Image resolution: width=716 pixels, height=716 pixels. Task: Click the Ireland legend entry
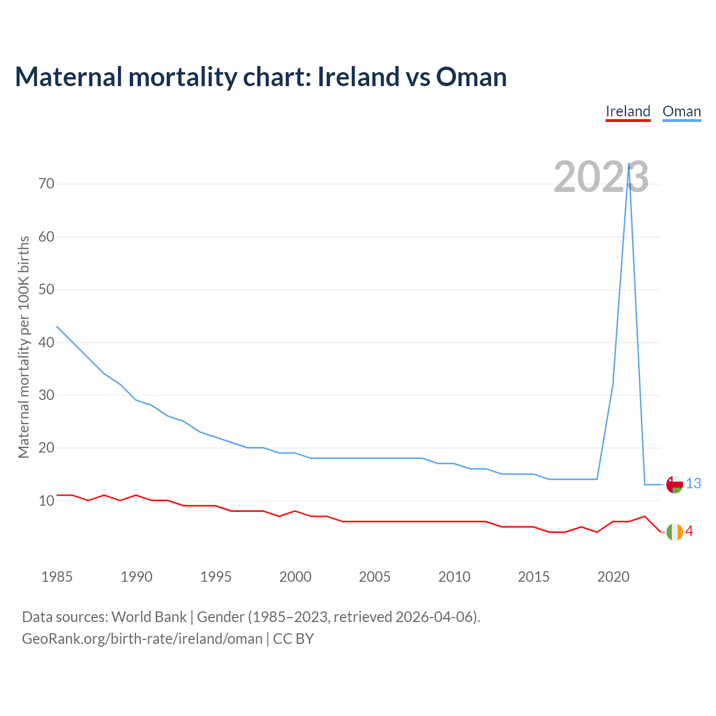[x=628, y=111]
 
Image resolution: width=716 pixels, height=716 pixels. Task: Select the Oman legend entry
[x=681, y=111]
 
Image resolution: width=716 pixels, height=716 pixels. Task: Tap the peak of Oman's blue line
[x=629, y=163]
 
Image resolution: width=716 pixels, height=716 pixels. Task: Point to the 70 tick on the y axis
[x=46, y=183]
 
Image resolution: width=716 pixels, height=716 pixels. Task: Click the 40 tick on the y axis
[x=46, y=342]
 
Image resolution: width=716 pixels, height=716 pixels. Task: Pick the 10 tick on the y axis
[x=46, y=501]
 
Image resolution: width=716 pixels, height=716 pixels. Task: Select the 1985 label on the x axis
[x=57, y=577]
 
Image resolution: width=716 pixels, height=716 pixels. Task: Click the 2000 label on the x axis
[x=295, y=577]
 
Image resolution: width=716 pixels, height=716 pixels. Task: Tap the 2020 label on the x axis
[x=613, y=577]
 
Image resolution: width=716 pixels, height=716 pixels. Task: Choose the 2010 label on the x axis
[x=454, y=577]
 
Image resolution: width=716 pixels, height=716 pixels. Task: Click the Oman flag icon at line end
[x=675, y=484]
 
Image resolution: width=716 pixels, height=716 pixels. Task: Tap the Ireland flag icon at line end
[x=675, y=531]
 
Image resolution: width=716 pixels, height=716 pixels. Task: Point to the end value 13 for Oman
[x=694, y=484]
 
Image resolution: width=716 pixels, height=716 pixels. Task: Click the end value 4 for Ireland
[x=689, y=531]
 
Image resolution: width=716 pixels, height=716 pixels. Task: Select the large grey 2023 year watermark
[x=601, y=177]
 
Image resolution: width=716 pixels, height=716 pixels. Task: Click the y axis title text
[x=23, y=347]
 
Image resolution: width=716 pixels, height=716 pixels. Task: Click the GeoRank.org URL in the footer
[x=142, y=639]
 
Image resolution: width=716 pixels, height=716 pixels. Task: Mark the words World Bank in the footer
[x=149, y=617]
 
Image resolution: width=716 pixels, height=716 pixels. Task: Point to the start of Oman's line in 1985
[x=57, y=326]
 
